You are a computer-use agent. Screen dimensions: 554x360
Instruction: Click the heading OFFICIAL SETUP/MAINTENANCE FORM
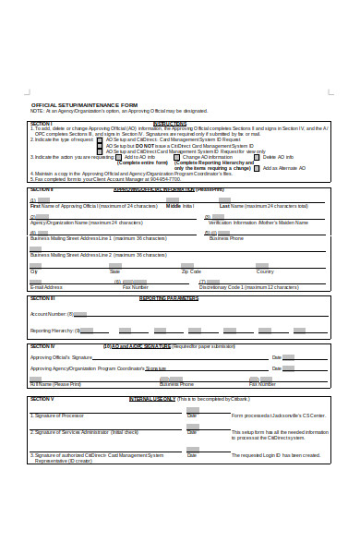[x=84, y=104]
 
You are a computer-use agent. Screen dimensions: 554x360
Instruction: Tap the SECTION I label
[x=41, y=123]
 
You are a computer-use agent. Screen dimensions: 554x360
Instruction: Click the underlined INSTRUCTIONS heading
[x=170, y=123]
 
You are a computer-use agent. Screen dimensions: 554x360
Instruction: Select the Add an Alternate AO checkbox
[x=257, y=168]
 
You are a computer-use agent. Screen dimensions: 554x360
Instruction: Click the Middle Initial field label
[x=180, y=206]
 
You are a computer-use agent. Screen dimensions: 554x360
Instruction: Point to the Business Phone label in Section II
[x=226, y=238]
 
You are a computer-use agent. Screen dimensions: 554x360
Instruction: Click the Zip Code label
[x=191, y=271]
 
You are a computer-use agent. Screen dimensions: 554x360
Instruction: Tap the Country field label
[x=264, y=271]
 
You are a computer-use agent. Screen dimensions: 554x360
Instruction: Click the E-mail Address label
[x=47, y=287]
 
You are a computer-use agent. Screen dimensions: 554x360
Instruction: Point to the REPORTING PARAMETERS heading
[x=169, y=298]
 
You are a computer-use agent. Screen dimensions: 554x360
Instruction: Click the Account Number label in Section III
[x=51, y=314]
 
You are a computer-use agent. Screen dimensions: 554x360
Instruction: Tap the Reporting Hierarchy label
[x=54, y=330]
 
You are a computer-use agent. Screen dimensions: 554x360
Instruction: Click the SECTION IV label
[x=42, y=346]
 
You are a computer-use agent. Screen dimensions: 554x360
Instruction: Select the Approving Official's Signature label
[x=61, y=356]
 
